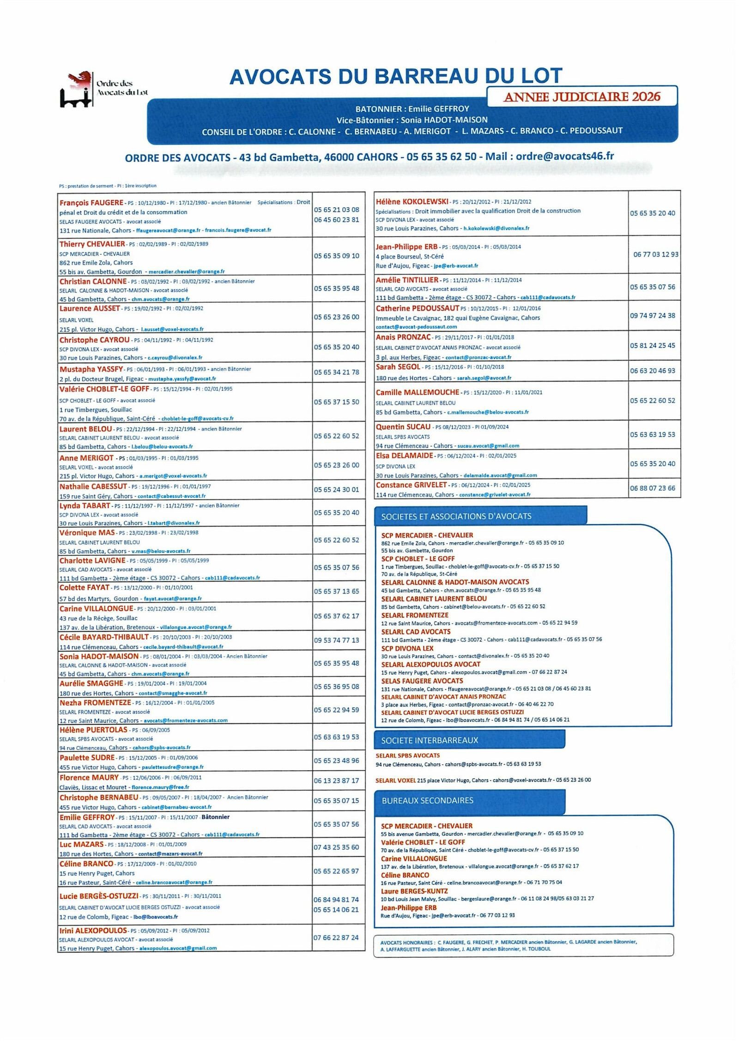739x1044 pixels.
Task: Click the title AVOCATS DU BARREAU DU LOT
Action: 395,76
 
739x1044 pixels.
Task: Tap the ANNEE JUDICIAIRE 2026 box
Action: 582,96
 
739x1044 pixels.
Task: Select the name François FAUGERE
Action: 91,203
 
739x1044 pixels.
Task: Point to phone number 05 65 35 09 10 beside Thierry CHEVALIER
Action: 336,256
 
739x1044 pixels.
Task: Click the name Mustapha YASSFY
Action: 91,369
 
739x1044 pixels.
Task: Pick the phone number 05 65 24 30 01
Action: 336,489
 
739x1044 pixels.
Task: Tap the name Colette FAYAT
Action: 85,588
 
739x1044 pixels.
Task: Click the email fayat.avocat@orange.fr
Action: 172,599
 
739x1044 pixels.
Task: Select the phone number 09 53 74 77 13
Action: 336,640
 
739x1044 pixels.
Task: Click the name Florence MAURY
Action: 89,777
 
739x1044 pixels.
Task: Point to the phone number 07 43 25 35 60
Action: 336,847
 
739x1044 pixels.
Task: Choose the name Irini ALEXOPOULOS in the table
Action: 93,930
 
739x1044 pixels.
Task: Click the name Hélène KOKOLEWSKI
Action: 412,201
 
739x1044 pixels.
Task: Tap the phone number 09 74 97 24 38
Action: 652,316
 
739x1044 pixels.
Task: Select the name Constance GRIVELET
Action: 411,485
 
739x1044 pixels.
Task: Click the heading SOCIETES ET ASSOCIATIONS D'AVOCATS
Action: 456,516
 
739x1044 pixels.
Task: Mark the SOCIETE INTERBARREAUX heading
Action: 429,740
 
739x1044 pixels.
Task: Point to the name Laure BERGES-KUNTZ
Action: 414,891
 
